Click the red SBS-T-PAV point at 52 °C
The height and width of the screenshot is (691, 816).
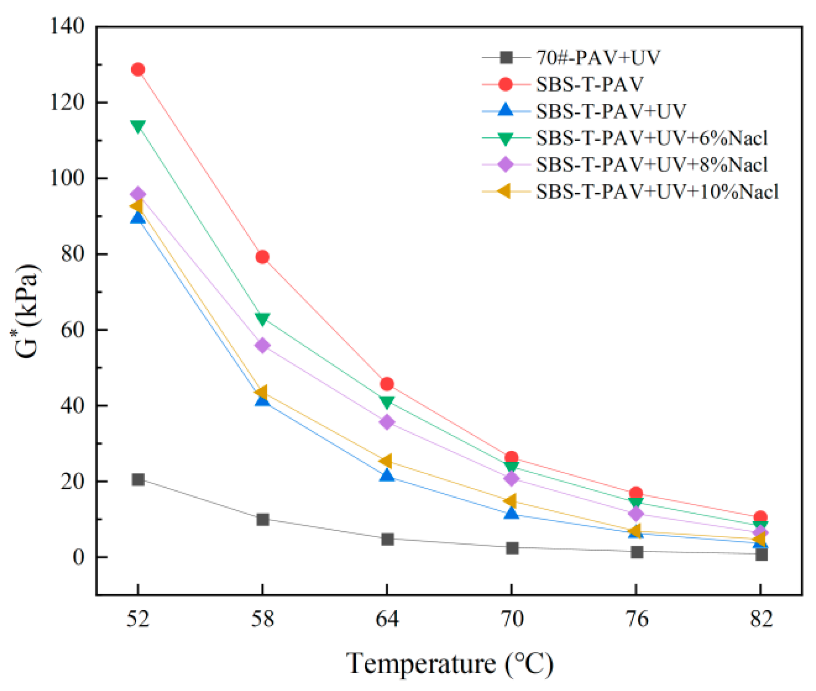click(138, 69)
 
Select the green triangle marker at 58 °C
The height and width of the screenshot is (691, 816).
click(262, 318)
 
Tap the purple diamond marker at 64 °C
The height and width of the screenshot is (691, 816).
click(386, 422)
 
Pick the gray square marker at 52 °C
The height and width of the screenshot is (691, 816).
click(138, 479)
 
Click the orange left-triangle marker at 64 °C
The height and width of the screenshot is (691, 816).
click(386, 461)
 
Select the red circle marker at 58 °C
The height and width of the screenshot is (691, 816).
click(262, 257)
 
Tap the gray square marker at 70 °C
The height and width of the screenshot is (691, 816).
click(512, 548)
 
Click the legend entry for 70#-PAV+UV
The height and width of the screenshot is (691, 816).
click(598, 58)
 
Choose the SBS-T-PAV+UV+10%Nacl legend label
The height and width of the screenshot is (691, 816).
click(657, 192)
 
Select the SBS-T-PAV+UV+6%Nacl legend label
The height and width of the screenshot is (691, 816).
click(652, 138)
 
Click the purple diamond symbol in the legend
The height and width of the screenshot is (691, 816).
click(506, 165)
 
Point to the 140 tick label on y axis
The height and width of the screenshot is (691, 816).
click(68, 26)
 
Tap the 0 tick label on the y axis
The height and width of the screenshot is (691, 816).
click(79, 557)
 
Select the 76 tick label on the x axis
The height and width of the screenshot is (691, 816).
click(636, 618)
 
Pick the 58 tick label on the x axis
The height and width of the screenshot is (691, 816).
click(262, 618)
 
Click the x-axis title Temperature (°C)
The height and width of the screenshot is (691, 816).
click(450, 663)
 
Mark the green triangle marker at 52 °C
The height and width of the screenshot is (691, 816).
click(138, 126)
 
